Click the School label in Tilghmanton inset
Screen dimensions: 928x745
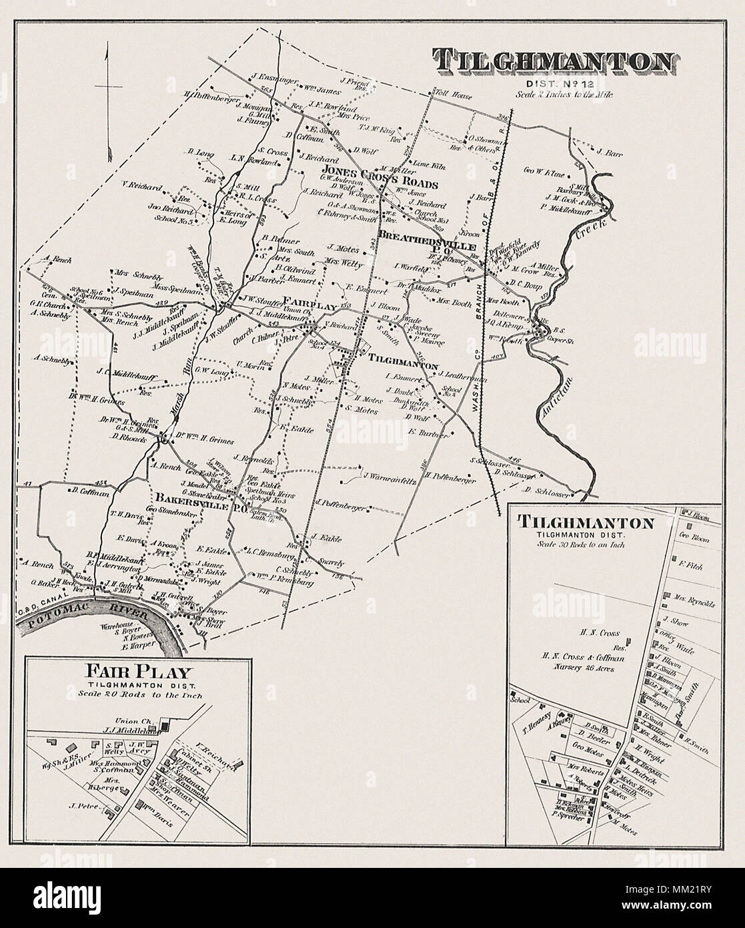[520, 701]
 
